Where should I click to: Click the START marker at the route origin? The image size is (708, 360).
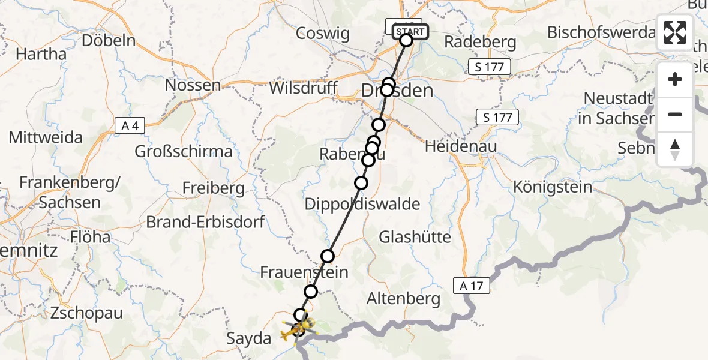(410, 32)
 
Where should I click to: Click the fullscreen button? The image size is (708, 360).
(675, 32)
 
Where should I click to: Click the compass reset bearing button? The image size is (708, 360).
(675, 149)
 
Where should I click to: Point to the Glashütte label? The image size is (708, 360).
(415, 237)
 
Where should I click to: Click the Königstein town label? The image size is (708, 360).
(553, 187)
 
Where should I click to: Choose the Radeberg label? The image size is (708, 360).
(480, 42)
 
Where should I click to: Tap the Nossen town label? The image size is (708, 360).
(193, 85)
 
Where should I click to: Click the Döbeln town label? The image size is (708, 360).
(109, 41)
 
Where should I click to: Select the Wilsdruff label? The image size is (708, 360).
(303, 88)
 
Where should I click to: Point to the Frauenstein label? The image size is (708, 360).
(304, 272)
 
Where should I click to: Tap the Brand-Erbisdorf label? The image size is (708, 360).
(206, 222)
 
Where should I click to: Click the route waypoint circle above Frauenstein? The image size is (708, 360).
(328, 256)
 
